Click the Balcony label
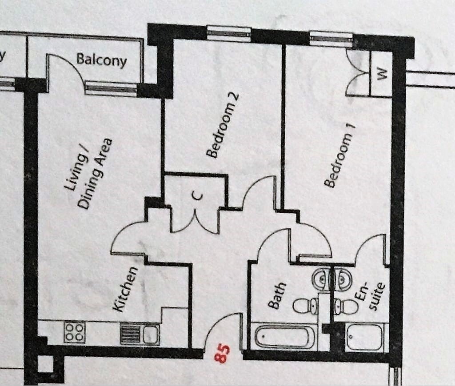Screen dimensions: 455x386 pyautogui.click(x=102, y=60)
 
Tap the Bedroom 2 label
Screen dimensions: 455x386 pyautogui.click(x=223, y=125)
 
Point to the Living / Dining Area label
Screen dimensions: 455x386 pyautogui.click(x=88, y=173)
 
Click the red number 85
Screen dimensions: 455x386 pyautogui.click(x=222, y=353)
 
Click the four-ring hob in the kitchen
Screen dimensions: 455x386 pyautogui.click(x=75, y=332)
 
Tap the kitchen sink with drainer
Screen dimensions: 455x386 pyautogui.click(x=140, y=334)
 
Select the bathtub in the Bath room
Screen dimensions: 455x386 pyautogui.click(x=285, y=337)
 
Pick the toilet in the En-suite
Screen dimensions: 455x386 pyautogui.click(x=346, y=306)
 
